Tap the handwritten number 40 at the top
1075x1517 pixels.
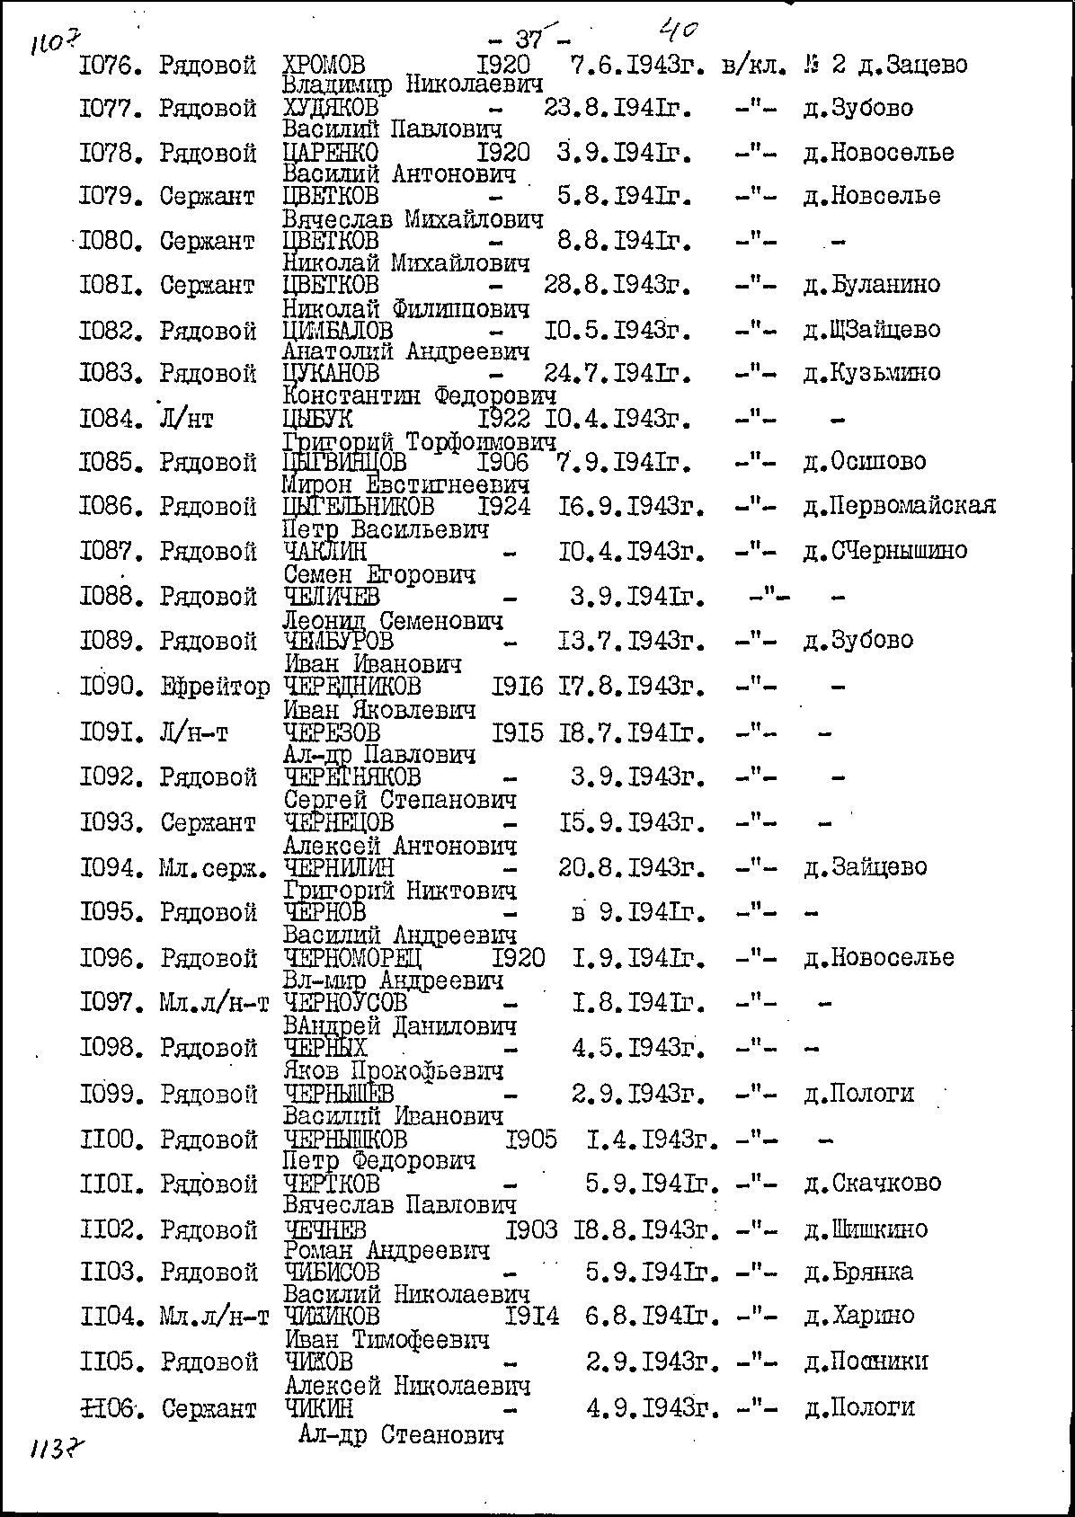point(679,31)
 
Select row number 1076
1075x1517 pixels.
point(106,65)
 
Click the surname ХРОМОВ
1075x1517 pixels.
point(324,65)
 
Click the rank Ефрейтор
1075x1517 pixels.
point(215,688)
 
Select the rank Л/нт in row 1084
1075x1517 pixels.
point(186,419)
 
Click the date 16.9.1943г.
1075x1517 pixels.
point(629,507)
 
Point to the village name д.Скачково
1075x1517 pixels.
point(872,1183)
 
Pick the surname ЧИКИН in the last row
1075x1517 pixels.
point(318,1407)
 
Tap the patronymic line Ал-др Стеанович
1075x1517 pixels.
point(400,1435)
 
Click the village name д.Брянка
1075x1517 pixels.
point(858,1272)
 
